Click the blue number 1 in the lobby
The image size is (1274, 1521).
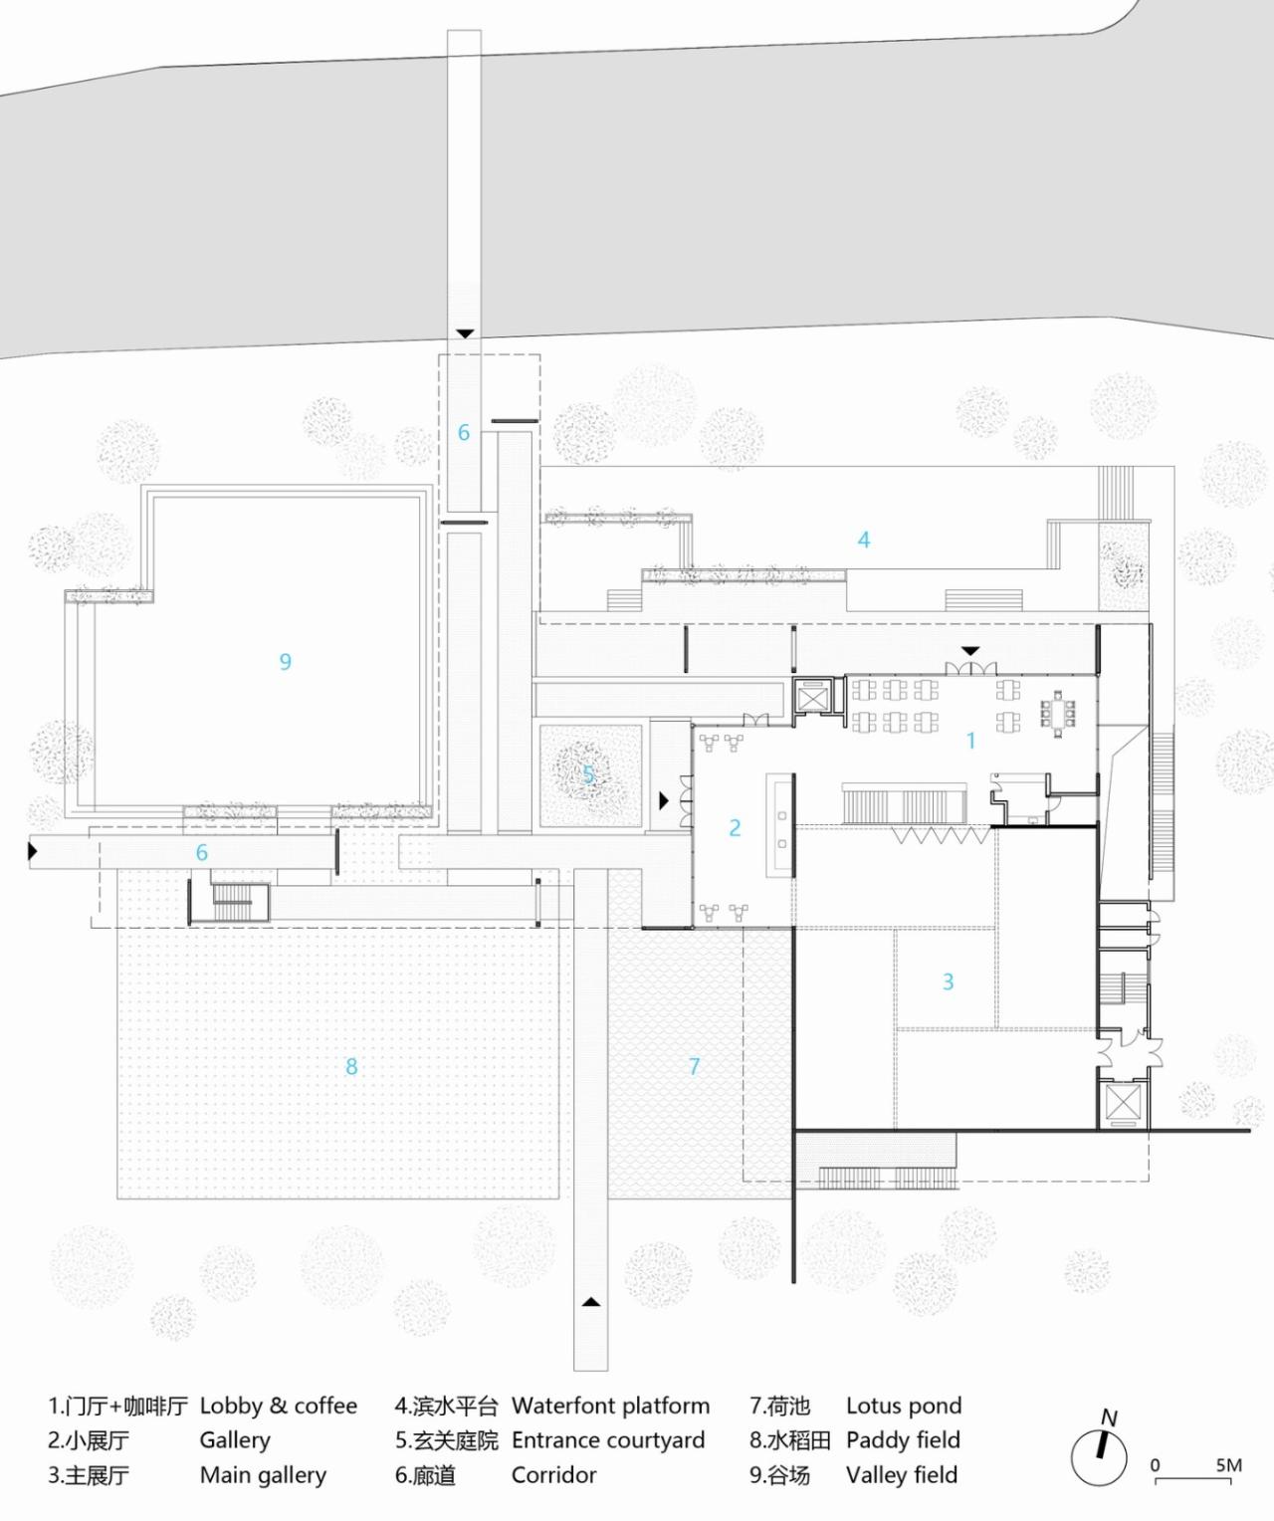970,741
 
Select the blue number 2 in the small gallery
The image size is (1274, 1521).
735,827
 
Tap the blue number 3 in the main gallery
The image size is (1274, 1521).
948,982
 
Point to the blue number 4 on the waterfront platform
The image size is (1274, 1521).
864,540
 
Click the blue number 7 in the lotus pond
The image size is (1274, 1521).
695,1066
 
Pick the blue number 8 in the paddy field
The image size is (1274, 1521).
351,1067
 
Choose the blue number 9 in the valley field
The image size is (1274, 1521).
286,662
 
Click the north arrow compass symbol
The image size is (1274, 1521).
1100,1455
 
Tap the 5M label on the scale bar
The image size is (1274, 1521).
1228,1465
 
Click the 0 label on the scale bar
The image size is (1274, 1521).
1155,1465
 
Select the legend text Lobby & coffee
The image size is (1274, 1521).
279,1406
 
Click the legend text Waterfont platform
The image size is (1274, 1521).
610,1406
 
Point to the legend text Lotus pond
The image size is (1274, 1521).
904,1406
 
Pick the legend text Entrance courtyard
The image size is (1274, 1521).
608,1440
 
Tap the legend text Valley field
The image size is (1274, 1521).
902,1475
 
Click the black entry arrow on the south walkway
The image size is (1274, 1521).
591,1300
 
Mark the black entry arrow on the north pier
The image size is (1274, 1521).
465,333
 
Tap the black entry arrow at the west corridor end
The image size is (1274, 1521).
33,851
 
